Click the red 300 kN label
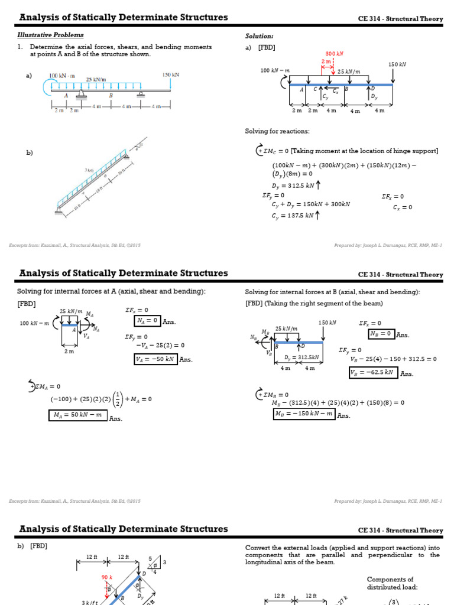[x=335, y=53]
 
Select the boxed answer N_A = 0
[x=147, y=321]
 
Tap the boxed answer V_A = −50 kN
[x=155, y=359]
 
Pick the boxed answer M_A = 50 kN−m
[x=78, y=415]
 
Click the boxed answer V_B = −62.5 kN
[x=372, y=372]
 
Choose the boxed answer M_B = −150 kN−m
[x=303, y=414]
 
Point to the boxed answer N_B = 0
[x=381, y=334]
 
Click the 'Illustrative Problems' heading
[x=50, y=35]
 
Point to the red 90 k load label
[x=106, y=577]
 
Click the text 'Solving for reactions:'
[x=277, y=131]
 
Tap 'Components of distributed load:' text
[x=390, y=584]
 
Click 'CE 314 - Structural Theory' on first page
[x=400, y=19]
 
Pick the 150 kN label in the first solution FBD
[x=397, y=64]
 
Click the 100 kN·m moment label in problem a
[x=62, y=76]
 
